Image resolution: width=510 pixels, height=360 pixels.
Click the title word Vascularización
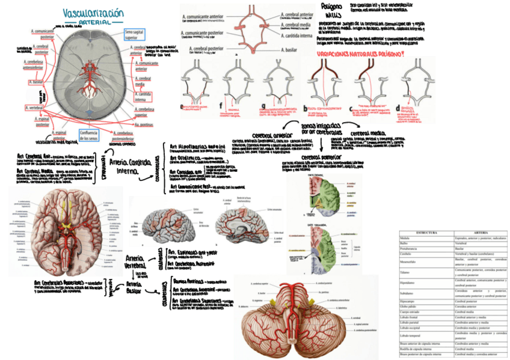point(93,13)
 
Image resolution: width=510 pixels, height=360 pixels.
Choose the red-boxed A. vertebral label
point(35,108)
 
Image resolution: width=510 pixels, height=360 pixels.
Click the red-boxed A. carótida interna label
point(143,97)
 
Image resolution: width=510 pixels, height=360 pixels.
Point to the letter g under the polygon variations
point(262,107)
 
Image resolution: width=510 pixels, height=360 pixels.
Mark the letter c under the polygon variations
point(351,109)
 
